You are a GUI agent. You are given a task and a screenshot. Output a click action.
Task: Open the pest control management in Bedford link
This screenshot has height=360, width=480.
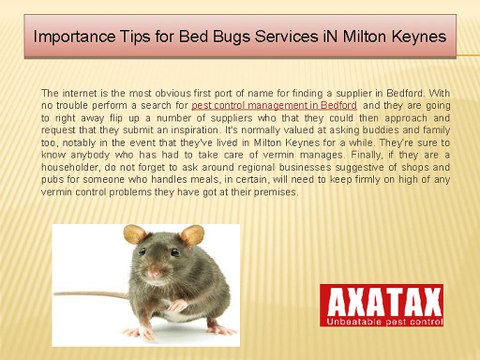(274, 104)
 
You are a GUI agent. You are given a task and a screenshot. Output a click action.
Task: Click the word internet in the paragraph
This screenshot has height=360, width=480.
(87, 91)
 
